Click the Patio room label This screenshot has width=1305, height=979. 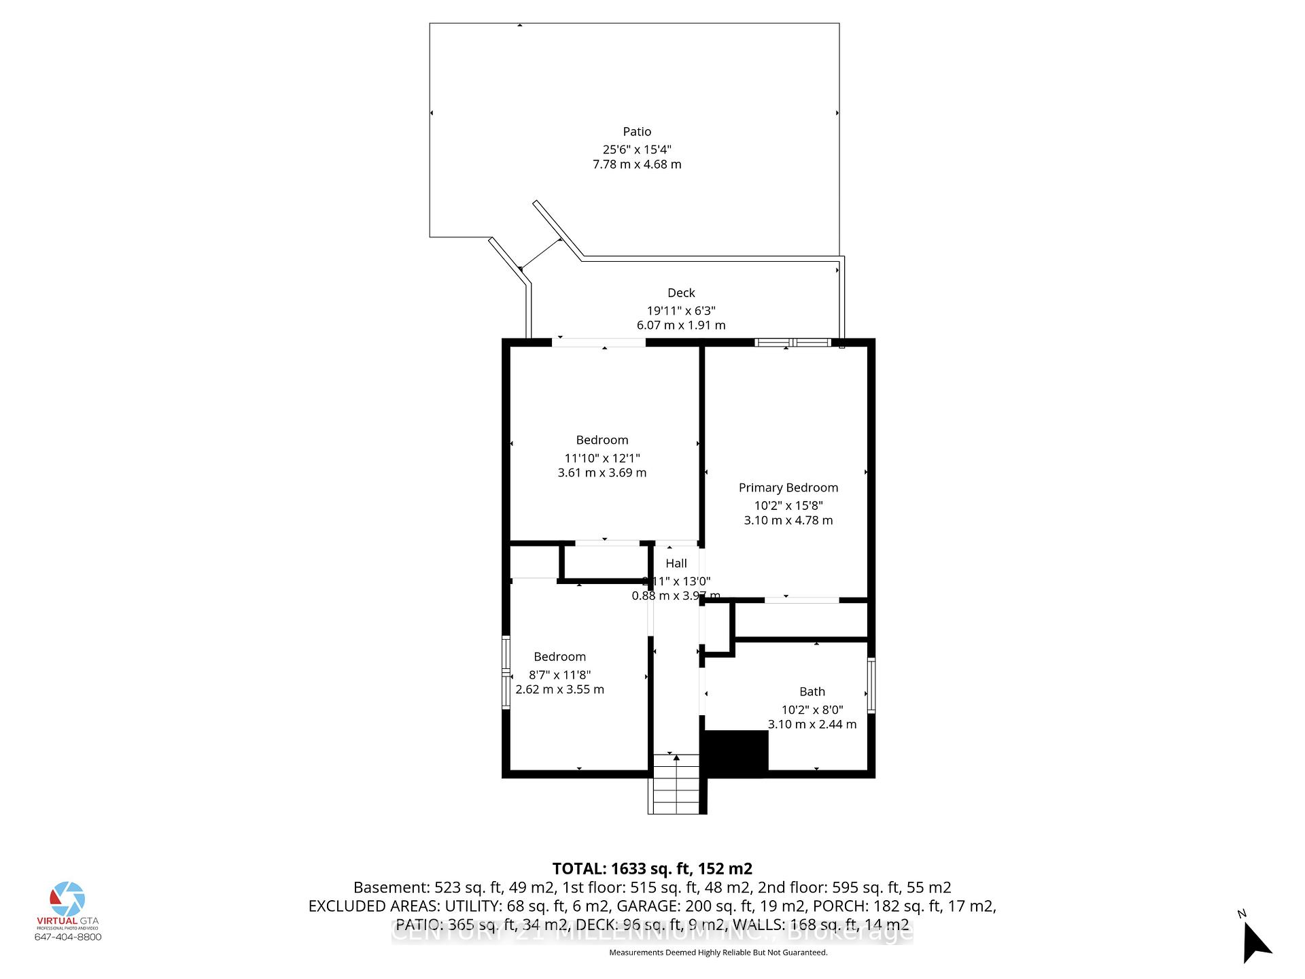tap(637, 132)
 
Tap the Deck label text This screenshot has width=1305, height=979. tap(681, 293)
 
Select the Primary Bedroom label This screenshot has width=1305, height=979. tap(788, 487)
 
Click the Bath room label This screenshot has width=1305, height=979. tap(812, 691)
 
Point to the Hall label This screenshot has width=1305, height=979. tap(676, 563)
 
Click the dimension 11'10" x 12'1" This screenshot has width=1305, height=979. tap(602, 458)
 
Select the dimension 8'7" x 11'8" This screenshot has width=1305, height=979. tap(559, 674)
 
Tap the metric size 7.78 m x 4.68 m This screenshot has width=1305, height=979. tap(637, 165)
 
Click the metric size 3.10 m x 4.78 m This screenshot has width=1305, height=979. tap(788, 520)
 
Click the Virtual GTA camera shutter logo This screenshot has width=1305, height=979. tap(67, 899)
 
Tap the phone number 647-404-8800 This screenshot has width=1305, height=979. tap(68, 937)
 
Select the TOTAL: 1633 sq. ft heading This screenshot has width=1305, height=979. tap(652, 869)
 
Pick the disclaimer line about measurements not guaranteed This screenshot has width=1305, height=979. tap(718, 952)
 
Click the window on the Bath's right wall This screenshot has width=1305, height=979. tap(871, 685)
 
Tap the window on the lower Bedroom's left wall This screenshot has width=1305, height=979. tap(506, 672)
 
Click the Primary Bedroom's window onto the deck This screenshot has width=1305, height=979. tap(793, 343)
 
